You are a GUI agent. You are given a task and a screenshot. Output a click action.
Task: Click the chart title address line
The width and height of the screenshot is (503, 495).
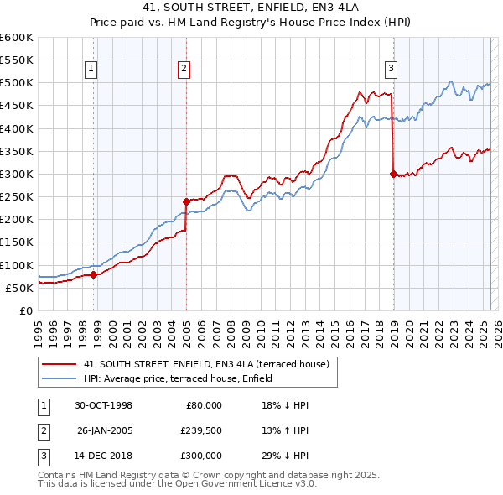coord(251,8)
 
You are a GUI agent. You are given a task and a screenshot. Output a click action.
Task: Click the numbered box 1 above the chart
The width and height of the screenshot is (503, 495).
coord(91,70)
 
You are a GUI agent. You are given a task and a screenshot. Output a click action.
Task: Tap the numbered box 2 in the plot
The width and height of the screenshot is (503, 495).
coord(184,70)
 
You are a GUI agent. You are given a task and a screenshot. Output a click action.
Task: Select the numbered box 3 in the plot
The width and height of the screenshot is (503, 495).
coord(391,70)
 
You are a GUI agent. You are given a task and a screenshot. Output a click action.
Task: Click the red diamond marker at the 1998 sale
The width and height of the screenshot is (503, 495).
coord(95,274)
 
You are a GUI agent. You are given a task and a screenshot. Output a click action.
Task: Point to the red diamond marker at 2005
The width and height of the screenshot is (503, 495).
coord(187,201)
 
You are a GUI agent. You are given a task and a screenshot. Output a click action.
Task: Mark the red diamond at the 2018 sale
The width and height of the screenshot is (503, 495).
coord(393,175)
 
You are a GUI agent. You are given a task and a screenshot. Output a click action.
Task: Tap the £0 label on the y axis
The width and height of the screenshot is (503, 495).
coord(25,310)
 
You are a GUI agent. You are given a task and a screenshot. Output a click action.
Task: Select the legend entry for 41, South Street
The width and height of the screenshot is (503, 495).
coord(209,364)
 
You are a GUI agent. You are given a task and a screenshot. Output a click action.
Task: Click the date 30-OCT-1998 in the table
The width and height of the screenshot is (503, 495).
coord(103,405)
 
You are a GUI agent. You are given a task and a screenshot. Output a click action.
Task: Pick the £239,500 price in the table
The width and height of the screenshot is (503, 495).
coord(202,430)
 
